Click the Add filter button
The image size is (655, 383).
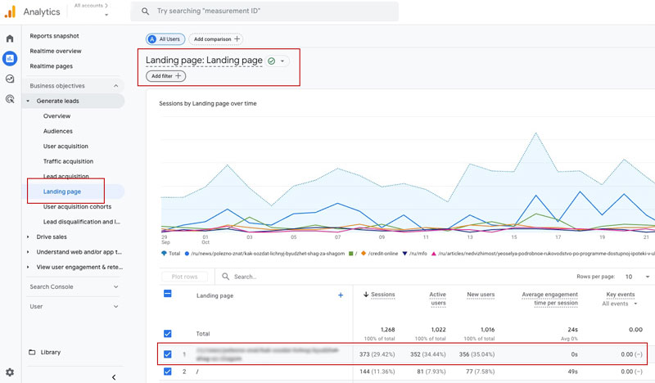coord(166,76)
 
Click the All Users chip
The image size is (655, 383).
coord(165,38)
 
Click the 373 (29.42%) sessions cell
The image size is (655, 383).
coord(377,354)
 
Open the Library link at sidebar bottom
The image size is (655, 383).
coord(51,352)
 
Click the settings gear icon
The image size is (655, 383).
coord(10,372)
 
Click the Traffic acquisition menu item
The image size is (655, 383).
coord(68,161)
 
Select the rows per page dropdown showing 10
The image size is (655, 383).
coord(634,277)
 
